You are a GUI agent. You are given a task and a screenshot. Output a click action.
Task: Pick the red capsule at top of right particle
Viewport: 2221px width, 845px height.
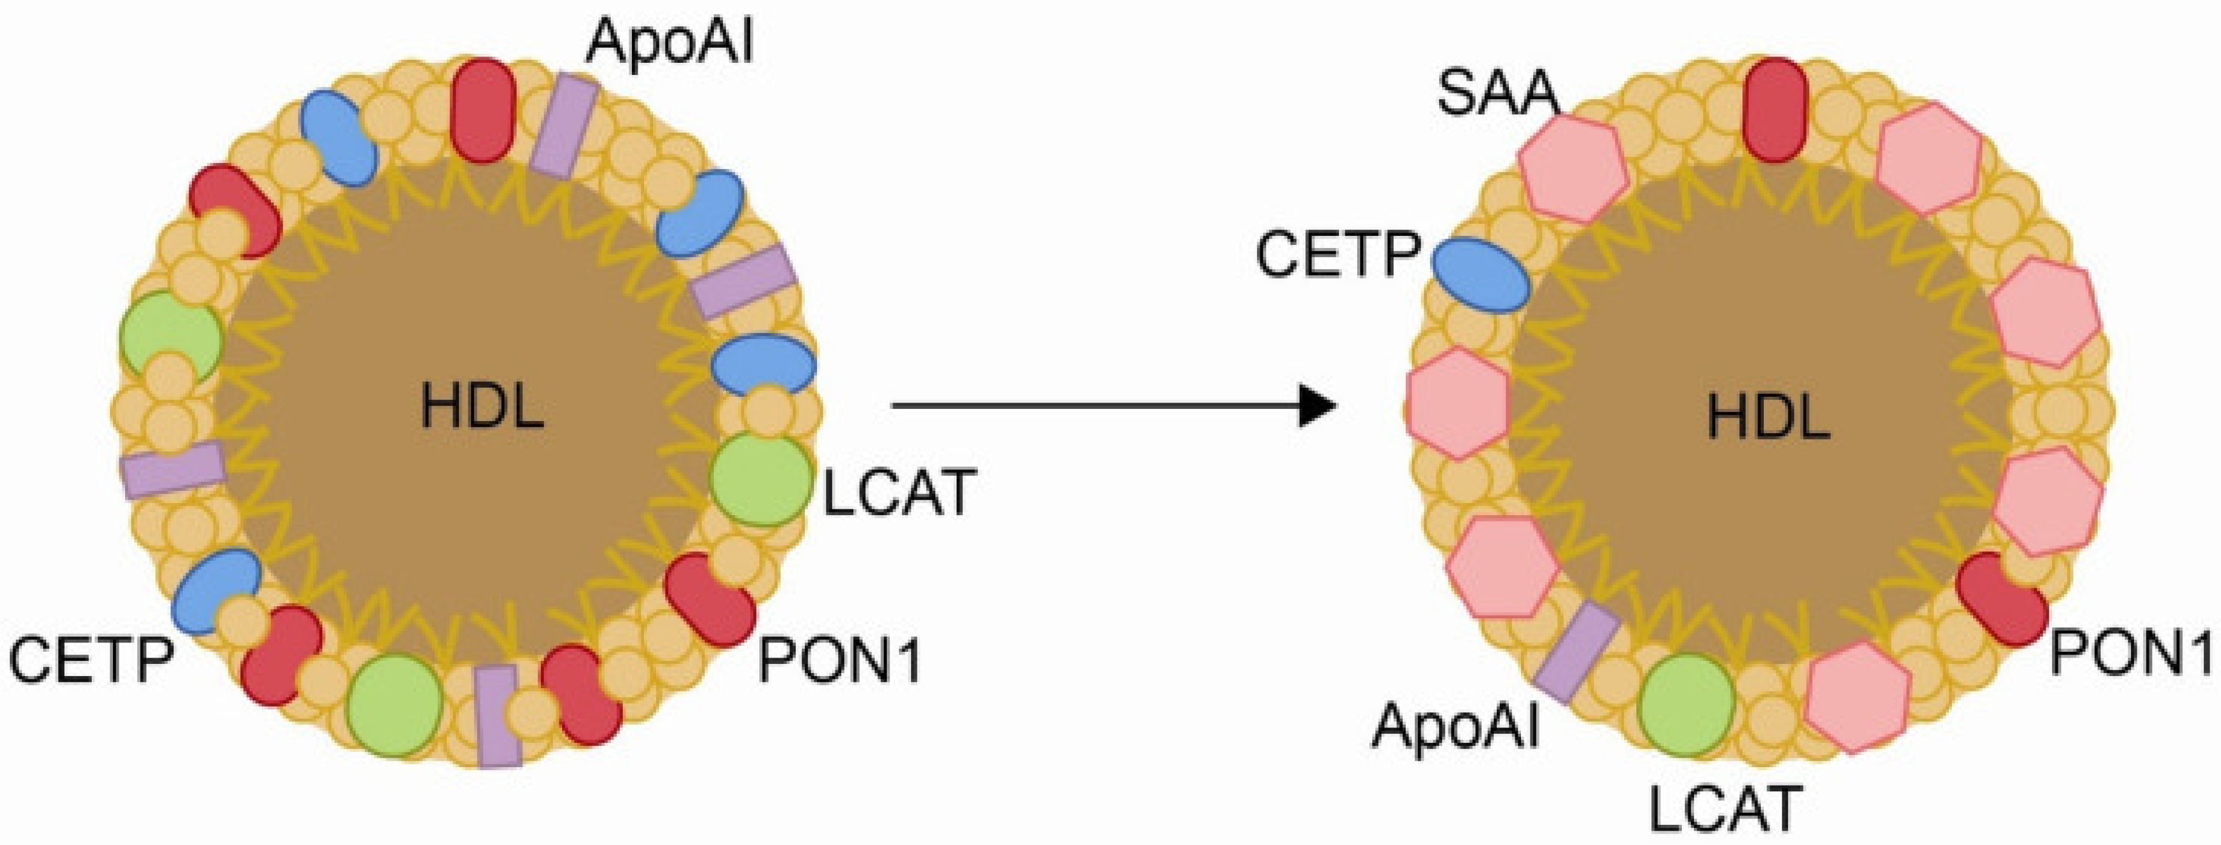coord(1774,110)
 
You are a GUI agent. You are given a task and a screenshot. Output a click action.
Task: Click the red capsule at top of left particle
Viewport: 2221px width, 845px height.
coord(484,110)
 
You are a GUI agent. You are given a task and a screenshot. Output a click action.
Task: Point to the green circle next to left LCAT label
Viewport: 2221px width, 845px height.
coord(761,480)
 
